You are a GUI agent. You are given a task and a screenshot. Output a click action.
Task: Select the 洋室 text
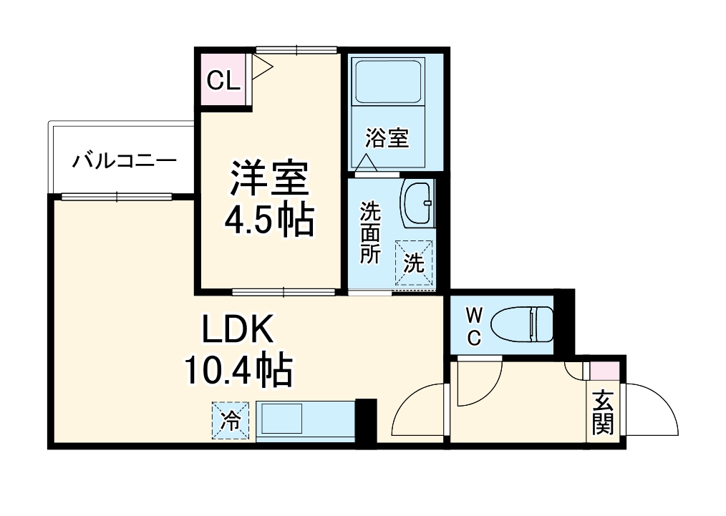pyautogui.click(x=268, y=178)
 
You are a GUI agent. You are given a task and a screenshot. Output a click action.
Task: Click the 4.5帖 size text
pyautogui.click(x=268, y=222)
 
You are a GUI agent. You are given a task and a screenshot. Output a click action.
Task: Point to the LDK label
pyautogui.click(x=237, y=331)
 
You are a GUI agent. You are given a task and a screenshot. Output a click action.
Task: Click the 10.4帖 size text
pyautogui.click(x=237, y=371)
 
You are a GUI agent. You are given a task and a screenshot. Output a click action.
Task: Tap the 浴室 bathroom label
pyautogui.click(x=387, y=138)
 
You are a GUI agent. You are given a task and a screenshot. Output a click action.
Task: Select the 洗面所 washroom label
pyautogui.click(x=369, y=233)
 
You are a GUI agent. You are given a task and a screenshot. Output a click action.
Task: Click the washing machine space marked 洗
pyautogui.click(x=415, y=263)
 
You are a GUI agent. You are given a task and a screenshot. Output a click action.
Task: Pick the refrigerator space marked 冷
pyautogui.click(x=230, y=420)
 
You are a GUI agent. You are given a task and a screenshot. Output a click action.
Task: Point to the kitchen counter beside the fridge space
pyautogui.click(x=305, y=420)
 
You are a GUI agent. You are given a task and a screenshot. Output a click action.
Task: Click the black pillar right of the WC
pyautogui.click(x=565, y=321)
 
